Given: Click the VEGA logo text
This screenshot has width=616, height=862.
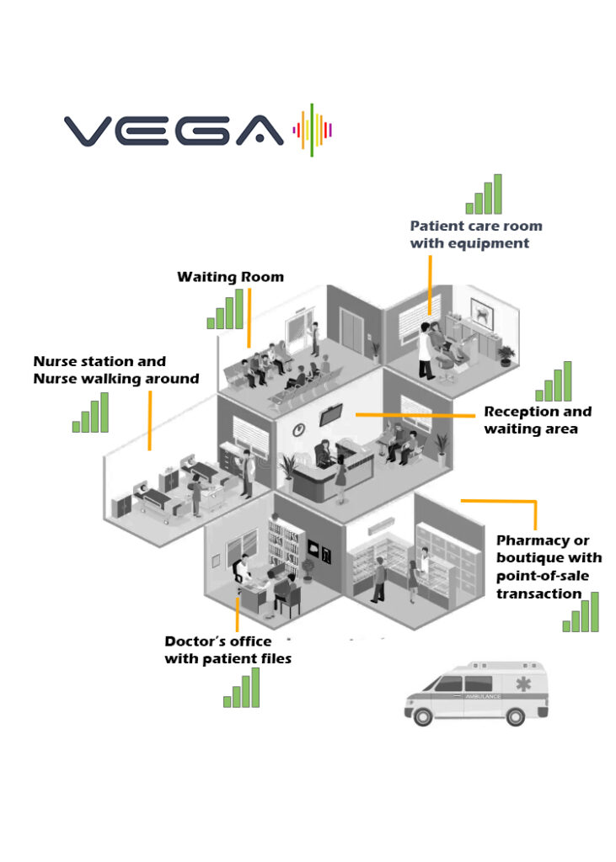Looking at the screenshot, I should [x=174, y=130].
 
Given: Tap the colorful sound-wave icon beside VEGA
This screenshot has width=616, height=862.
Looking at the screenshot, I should [x=312, y=130].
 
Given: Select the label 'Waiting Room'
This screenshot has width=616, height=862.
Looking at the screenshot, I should [x=230, y=277].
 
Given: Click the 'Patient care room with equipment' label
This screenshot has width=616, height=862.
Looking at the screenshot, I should [x=476, y=234].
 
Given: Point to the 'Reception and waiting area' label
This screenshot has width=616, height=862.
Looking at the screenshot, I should [x=537, y=420].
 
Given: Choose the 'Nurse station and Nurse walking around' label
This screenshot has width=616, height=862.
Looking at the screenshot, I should [x=115, y=370].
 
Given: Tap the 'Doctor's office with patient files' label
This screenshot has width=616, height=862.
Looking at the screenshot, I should [x=228, y=650].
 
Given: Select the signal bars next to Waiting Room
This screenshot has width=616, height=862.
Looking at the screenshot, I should [x=225, y=311].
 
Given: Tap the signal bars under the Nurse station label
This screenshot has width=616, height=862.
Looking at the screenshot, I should [x=90, y=413].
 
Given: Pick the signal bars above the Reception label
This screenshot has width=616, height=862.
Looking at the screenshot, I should [x=554, y=382].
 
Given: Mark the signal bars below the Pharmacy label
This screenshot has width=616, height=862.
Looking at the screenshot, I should [x=581, y=612].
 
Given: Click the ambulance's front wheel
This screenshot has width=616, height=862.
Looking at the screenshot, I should [x=423, y=715].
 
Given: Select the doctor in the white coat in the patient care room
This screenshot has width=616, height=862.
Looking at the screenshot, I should [x=426, y=349].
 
